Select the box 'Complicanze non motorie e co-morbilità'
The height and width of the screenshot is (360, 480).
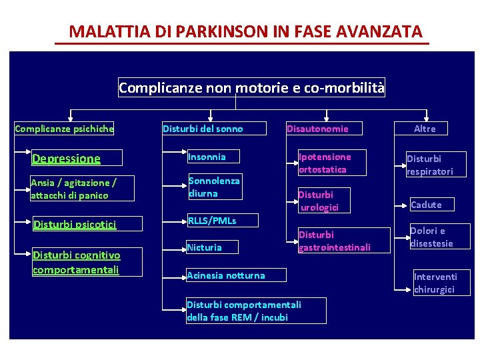point(251,87)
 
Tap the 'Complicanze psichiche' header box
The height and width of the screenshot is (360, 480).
point(64,129)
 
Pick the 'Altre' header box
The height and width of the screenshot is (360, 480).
point(425,129)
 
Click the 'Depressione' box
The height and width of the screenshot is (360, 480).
point(77,158)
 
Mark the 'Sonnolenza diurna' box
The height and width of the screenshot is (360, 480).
point(214,187)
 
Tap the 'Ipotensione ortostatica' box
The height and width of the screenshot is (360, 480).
point(331,163)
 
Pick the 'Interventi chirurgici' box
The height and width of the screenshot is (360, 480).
point(441,283)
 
